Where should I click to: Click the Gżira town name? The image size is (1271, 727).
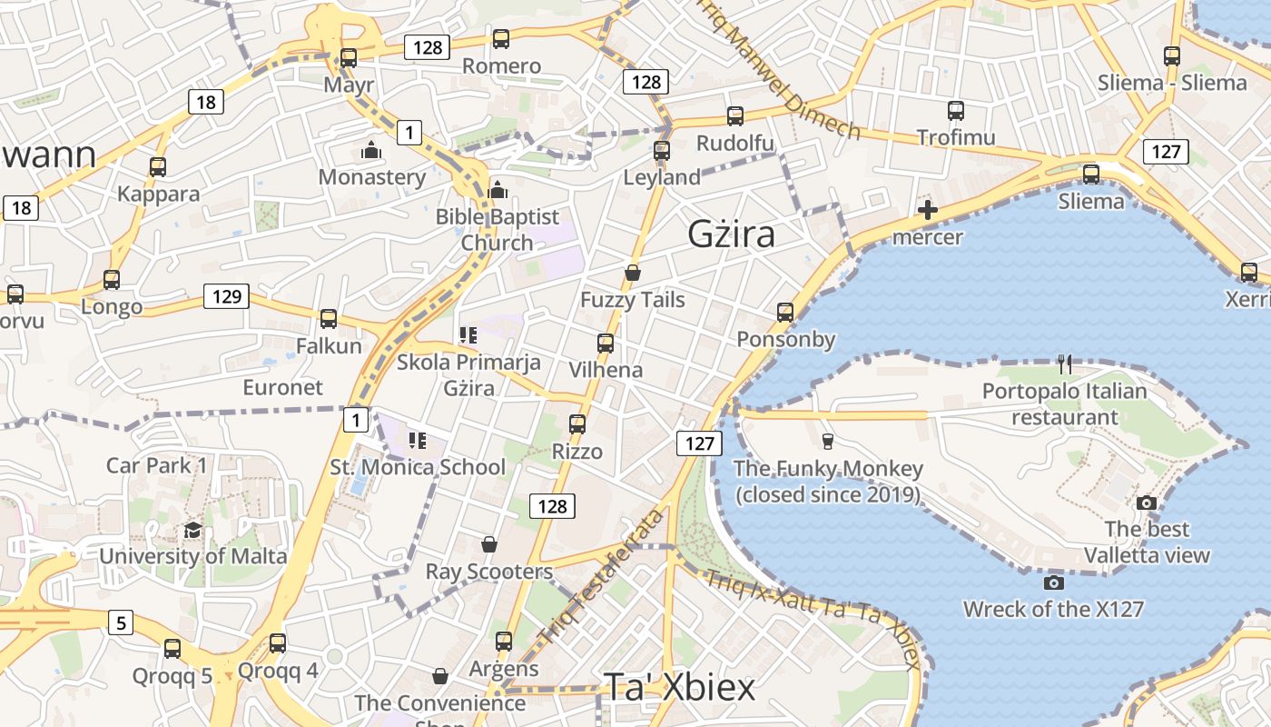[731, 234]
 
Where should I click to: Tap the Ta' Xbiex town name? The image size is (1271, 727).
[679, 688]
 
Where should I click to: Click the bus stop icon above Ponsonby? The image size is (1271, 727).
[785, 313]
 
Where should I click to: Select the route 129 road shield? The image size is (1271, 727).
[226, 295]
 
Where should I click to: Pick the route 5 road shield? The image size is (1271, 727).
[121, 622]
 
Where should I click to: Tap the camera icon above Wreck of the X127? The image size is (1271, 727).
[1053, 583]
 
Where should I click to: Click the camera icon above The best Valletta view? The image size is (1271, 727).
[1147, 503]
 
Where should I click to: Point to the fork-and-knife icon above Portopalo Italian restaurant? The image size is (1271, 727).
[1065, 364]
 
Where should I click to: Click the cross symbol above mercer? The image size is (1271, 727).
[927, 211]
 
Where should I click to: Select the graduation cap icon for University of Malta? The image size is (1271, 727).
[192, 530]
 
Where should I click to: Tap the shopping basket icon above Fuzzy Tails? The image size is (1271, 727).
[633, 273]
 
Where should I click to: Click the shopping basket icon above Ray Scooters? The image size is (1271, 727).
[489, 544]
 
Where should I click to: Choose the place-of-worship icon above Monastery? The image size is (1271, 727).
[371, 150]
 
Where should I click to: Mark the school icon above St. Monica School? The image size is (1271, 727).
[418, 441]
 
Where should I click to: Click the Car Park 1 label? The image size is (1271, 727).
[157, 465]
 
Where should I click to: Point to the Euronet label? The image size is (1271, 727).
[282, 387]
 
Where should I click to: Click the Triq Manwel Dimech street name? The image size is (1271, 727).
[780, 68]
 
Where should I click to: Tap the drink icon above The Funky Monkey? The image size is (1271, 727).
[827, 442]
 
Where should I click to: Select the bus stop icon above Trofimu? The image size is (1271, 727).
[956, 111]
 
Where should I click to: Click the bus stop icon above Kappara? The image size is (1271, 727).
[158, 167]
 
